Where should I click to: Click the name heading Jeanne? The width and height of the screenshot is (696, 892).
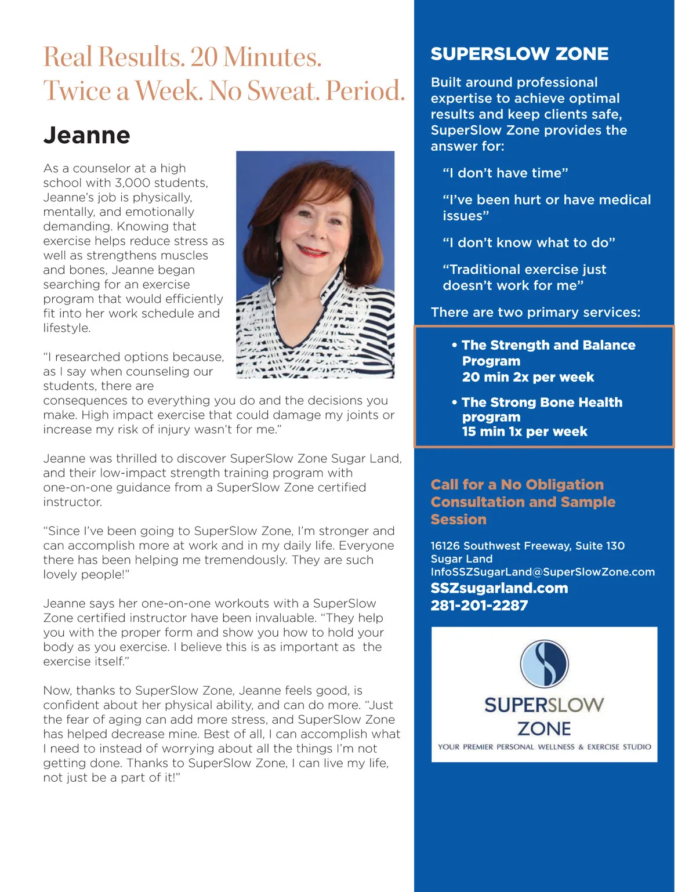click(x=86, y=135)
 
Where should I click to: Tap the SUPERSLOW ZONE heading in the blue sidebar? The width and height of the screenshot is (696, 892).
click(x=519, y=54)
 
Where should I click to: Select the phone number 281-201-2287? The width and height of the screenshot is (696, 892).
click(x=479, y=605)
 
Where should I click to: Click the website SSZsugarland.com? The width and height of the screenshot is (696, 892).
click(x=499, y=588)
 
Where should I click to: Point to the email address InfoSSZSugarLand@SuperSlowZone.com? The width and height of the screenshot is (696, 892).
click(x=542, y=572)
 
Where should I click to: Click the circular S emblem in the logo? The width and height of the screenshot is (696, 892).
click(x=544, y=663)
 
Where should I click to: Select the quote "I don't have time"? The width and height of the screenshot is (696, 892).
click(x=505, y=173)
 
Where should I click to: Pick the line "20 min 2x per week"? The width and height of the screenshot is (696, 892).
click(x=528, y=377)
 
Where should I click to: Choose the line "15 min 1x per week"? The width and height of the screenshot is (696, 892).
click(x=524, y=432)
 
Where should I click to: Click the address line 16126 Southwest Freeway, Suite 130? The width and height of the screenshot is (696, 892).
click(x=527, y=546)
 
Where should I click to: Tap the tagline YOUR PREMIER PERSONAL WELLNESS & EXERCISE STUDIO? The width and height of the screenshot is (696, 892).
click(x=544, y=747)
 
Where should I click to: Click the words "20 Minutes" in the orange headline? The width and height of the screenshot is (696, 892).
click(x=255, y=57)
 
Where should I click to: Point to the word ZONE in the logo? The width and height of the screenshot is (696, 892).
click(x=544, y=728)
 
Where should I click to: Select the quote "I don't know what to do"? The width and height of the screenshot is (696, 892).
click(x=528, y=242)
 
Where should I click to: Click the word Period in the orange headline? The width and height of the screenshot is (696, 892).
click(x=365, y=91)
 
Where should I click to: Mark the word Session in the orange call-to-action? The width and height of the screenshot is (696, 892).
click(x=458, y=520)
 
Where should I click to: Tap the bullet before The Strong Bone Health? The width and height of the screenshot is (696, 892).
click(x=455, y=402)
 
